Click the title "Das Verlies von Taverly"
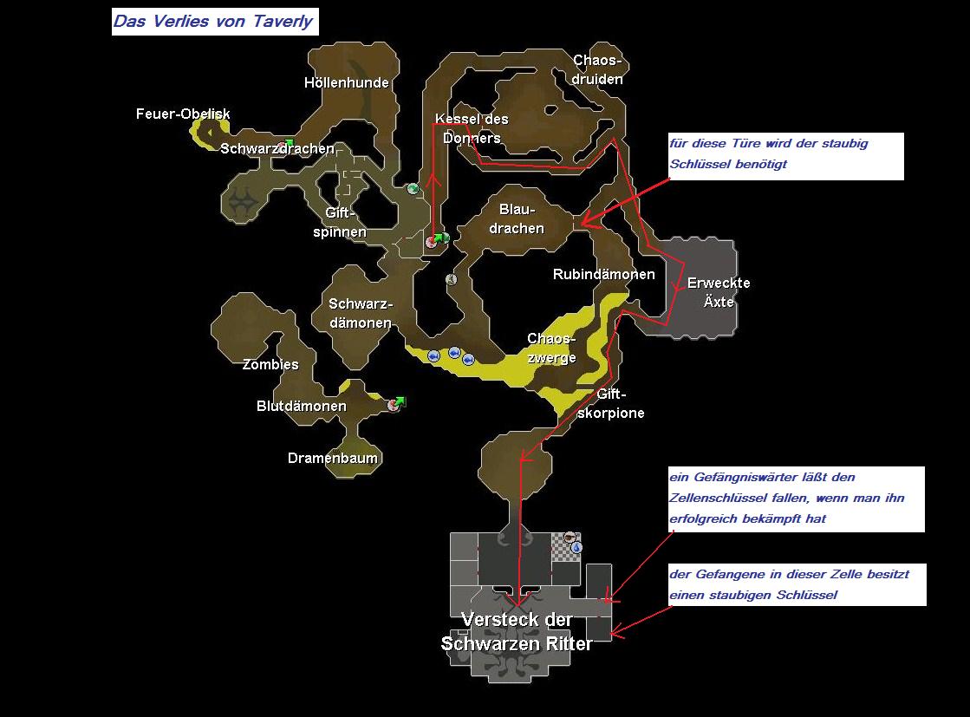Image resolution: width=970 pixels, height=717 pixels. (x=214, y=22)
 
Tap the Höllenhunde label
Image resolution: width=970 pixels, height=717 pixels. (x=347, y=83)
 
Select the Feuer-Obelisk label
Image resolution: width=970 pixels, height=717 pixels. (x=183, y=114)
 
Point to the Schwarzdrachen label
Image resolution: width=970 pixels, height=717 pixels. (x=277, y=149)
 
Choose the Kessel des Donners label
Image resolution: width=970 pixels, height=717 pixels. (x=472, y=128)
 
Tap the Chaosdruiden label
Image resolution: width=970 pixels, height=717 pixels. (x=598, y=69)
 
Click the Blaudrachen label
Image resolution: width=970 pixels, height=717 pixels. (x=521, y=219)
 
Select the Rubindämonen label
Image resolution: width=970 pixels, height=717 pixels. (x=604, y=275)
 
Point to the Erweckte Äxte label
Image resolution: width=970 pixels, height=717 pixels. (x=719, y=292)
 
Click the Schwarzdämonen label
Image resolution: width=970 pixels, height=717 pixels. (x=361, y=313)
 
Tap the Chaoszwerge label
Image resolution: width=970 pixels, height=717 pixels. (x=551, y=348)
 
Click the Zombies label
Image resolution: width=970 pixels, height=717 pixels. (x=270, y=365)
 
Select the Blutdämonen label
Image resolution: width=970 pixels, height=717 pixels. (x=302, y=407)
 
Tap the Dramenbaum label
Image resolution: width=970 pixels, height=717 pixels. (x=334, y=459)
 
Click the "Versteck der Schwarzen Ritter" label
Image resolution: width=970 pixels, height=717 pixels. (x=517, y=632)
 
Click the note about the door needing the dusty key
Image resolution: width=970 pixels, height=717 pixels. (x=785, y=155)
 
